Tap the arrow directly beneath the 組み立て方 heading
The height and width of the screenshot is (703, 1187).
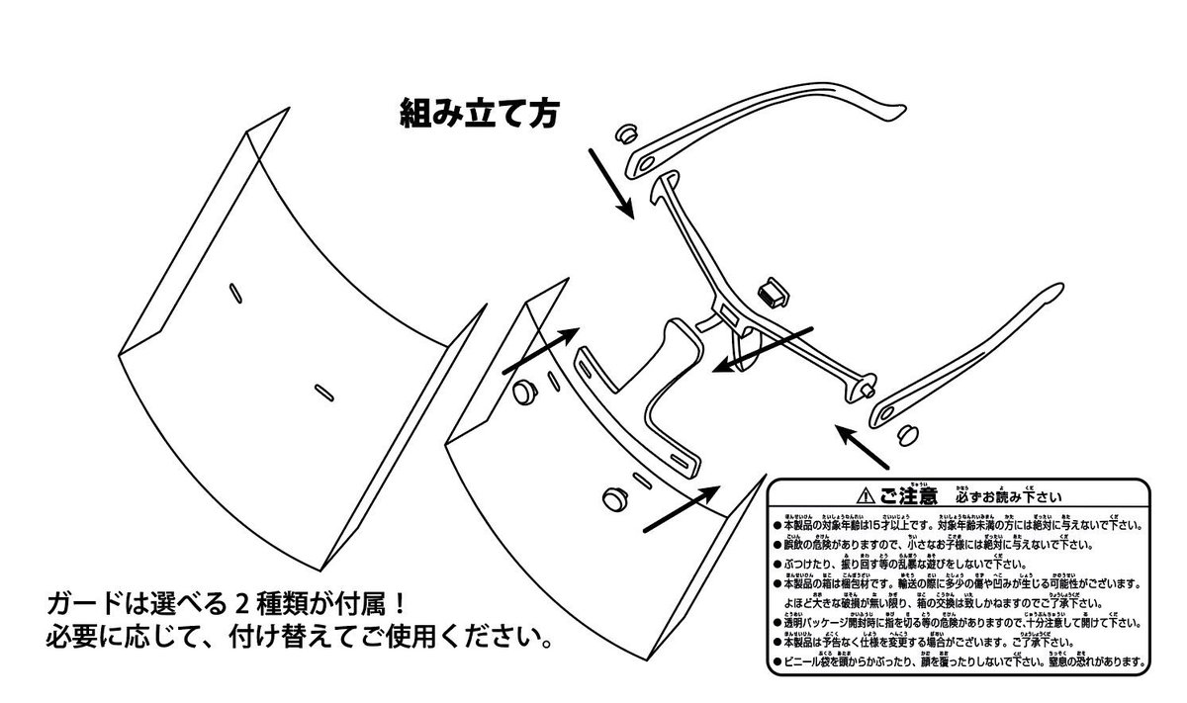tap(611, 182)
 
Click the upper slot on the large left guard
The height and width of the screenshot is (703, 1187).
tap(235, 290)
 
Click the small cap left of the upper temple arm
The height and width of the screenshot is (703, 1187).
tap(627, 133)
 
